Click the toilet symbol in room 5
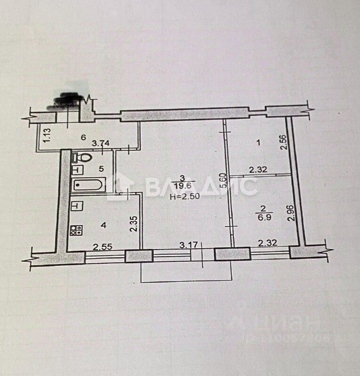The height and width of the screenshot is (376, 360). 80,156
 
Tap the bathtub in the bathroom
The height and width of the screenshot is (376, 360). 88,185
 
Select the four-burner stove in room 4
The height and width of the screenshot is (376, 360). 76,230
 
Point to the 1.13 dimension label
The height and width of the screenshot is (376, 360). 46,135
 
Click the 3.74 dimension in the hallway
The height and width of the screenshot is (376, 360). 101,144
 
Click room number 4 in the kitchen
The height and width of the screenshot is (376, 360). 104,225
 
